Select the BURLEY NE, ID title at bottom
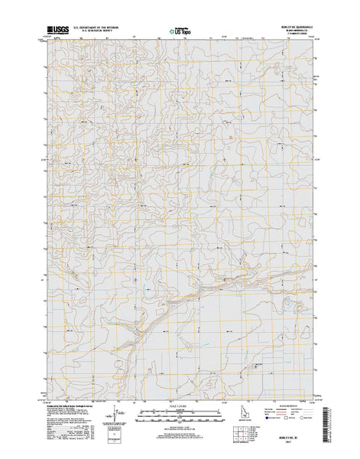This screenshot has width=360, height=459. click(291, 438)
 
